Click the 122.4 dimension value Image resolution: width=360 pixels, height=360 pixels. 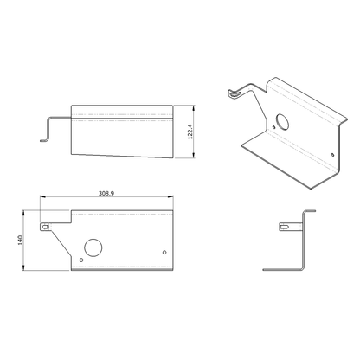200,133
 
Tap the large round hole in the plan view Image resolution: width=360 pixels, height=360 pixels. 93,247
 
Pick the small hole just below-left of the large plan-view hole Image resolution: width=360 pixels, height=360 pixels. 81,259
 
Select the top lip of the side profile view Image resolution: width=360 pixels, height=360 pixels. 309,212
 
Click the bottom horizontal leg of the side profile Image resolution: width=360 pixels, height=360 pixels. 284,268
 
